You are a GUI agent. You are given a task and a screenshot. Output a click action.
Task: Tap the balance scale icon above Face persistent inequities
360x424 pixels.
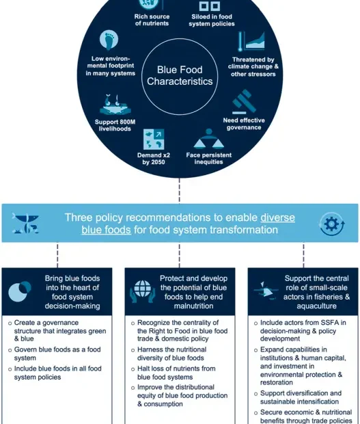(x=208, y=138)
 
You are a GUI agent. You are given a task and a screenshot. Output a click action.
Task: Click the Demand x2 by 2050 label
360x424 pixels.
(x=152, y=159)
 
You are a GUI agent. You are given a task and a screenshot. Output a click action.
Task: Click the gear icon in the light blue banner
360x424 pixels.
(x=331, y=224)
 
